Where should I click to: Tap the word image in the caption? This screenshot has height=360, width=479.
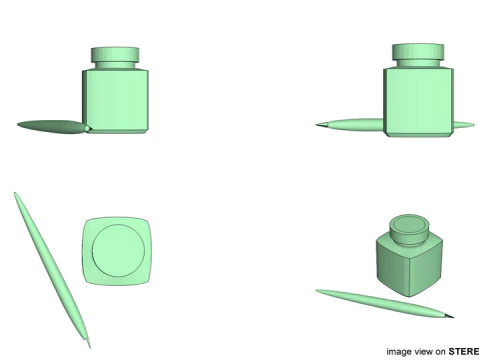(399, 351)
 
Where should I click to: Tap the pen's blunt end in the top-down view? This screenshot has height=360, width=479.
(16, 196)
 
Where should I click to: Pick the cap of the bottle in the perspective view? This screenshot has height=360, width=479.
(409, 229)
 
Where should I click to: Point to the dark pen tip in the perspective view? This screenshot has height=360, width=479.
(451, 317)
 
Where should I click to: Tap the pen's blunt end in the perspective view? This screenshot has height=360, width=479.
(319, 292)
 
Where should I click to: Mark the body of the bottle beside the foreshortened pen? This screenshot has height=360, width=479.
(118, 100)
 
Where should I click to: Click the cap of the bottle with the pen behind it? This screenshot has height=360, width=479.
(417, 52)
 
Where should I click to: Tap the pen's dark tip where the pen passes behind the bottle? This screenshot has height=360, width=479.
(320, 125)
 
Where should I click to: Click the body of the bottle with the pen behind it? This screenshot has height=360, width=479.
(417, 100)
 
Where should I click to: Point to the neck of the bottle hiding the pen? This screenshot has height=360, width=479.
(417, 65)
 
